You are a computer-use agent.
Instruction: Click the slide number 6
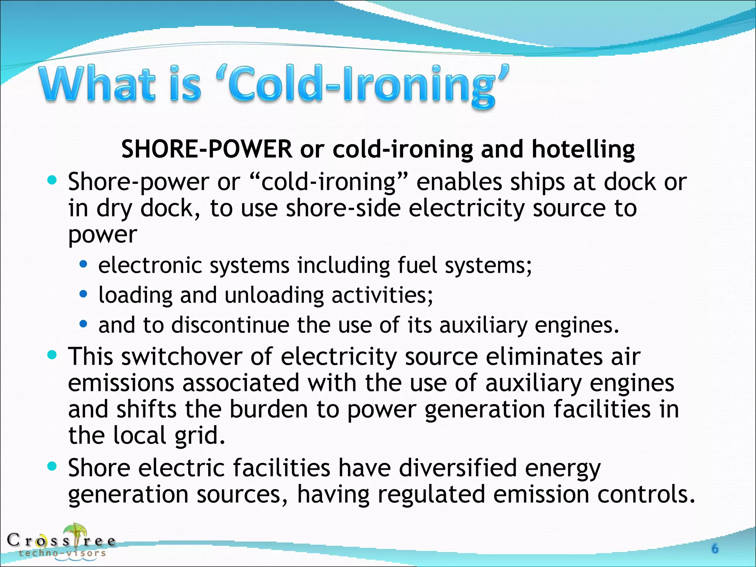[715, 549]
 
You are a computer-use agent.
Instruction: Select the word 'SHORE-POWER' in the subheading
[207, 149]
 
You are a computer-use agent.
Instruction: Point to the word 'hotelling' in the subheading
[583, 149]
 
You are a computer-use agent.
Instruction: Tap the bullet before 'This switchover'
[52, 355]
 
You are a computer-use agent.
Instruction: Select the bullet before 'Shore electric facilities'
[52, 467]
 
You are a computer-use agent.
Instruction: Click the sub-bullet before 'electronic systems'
[84, 264]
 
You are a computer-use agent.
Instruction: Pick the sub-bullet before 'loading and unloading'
[84, 294]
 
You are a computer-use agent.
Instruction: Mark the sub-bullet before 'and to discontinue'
[84, 324]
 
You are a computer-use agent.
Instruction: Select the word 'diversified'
[458, 468]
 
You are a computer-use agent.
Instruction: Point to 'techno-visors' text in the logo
[62, 553]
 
